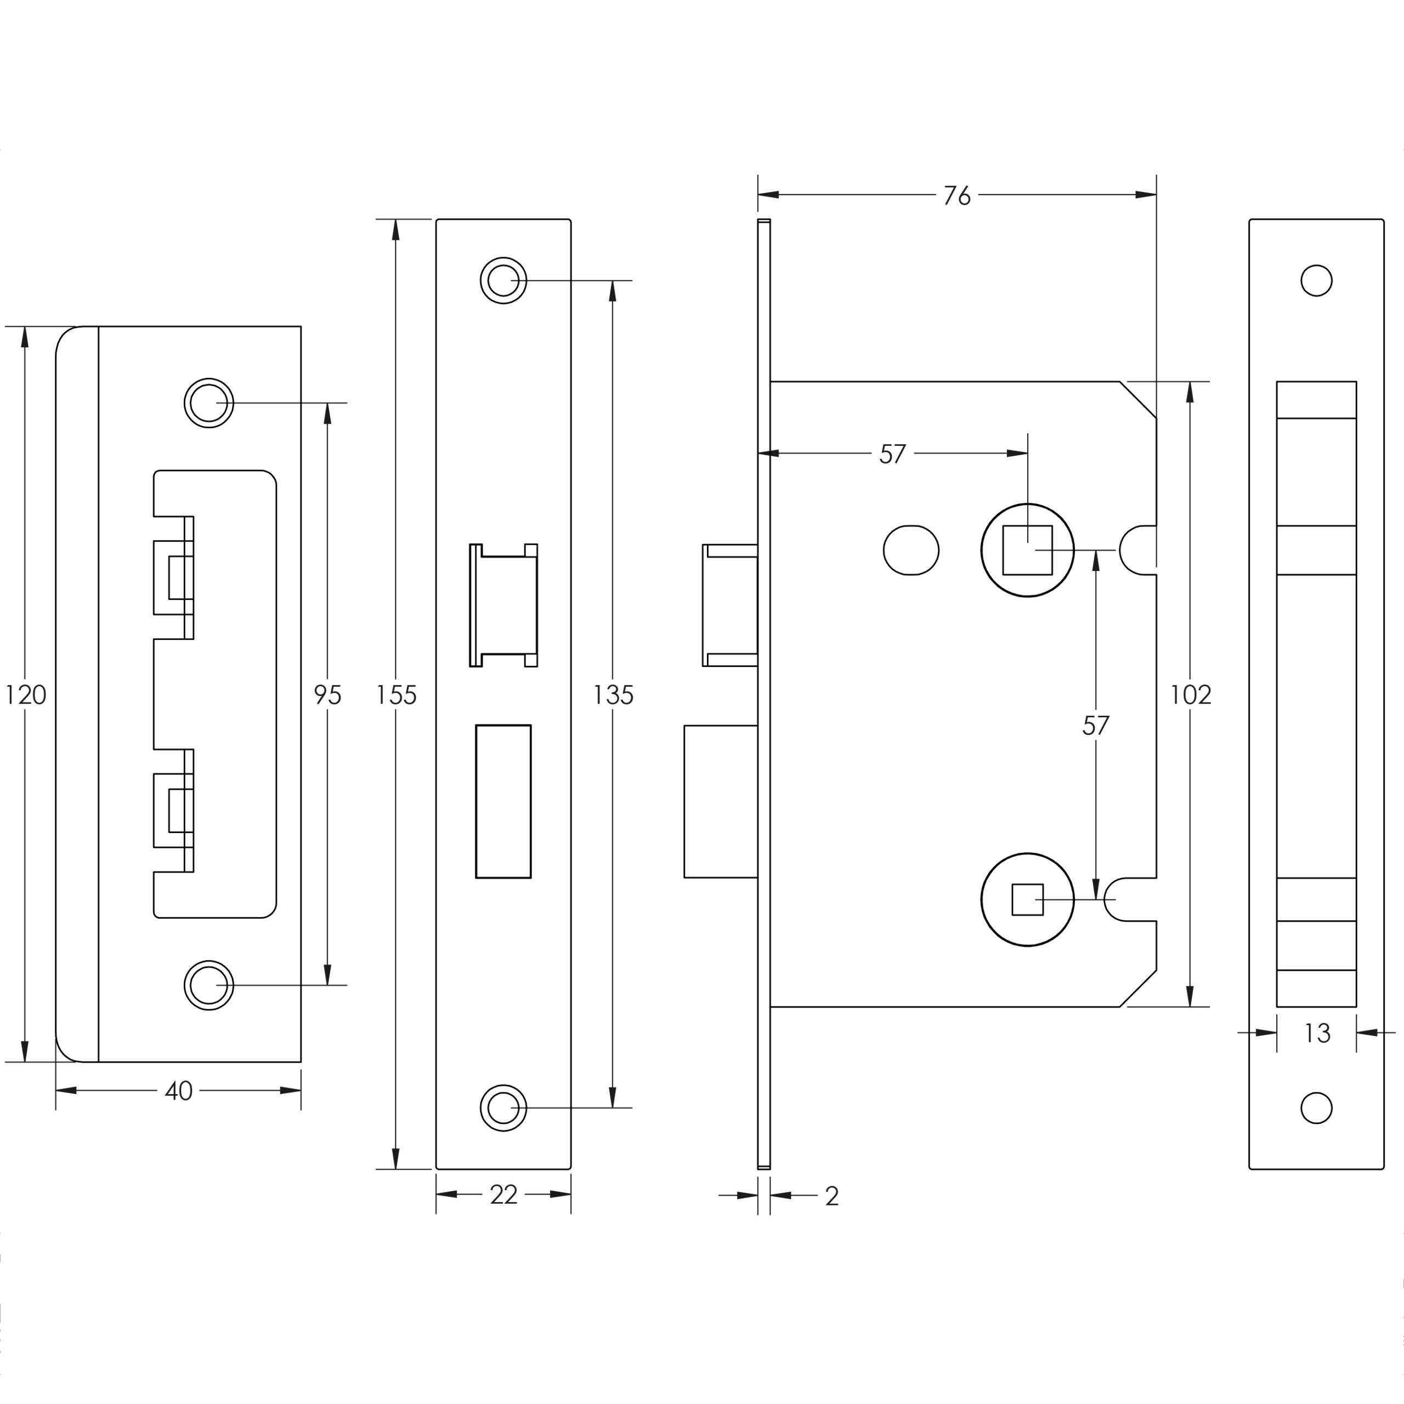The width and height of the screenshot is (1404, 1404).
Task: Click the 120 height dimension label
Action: pyautogui.click(x=25, y=695)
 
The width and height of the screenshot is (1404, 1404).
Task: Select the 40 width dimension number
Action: pyautogui.click(x=178, y=1091)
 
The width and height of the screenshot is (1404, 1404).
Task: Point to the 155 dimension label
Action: pyautogui.click(x=395, y=695)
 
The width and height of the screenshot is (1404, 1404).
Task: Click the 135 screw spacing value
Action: pyautogui.click(x=613, y=695)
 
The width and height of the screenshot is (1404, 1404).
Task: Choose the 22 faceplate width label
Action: pyautogui.click(x=503, y=1194)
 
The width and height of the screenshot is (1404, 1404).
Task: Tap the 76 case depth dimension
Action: pyautogui.click(x=956, y=195)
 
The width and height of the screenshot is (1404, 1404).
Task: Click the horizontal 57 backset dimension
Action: pyautogui.click(x=892, y=454)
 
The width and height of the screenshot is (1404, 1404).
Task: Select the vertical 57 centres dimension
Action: pyautogui.click(x=1095, y=725)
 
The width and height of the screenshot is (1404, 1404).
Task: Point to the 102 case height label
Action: pyautogui.click(x=1190, y=695)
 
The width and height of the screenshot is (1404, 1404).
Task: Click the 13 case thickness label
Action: pyautogui.click(x=1316, y=1033)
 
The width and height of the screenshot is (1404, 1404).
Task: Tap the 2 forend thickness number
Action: pyautogui.click(x=832, y=1196)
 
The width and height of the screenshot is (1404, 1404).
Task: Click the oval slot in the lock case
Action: pyautogui.click(x=910, y=550)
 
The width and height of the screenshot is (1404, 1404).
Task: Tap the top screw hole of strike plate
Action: pyautogui.click(x=208, y=403)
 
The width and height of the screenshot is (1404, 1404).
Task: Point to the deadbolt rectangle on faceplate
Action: pyautogui.click(x=503, y=802)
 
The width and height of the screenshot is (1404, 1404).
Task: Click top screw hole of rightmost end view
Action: pyautogui.click(x=1316, y=280)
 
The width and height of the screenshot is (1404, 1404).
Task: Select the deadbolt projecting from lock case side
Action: pyautogui.click(x=720, y=802)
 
